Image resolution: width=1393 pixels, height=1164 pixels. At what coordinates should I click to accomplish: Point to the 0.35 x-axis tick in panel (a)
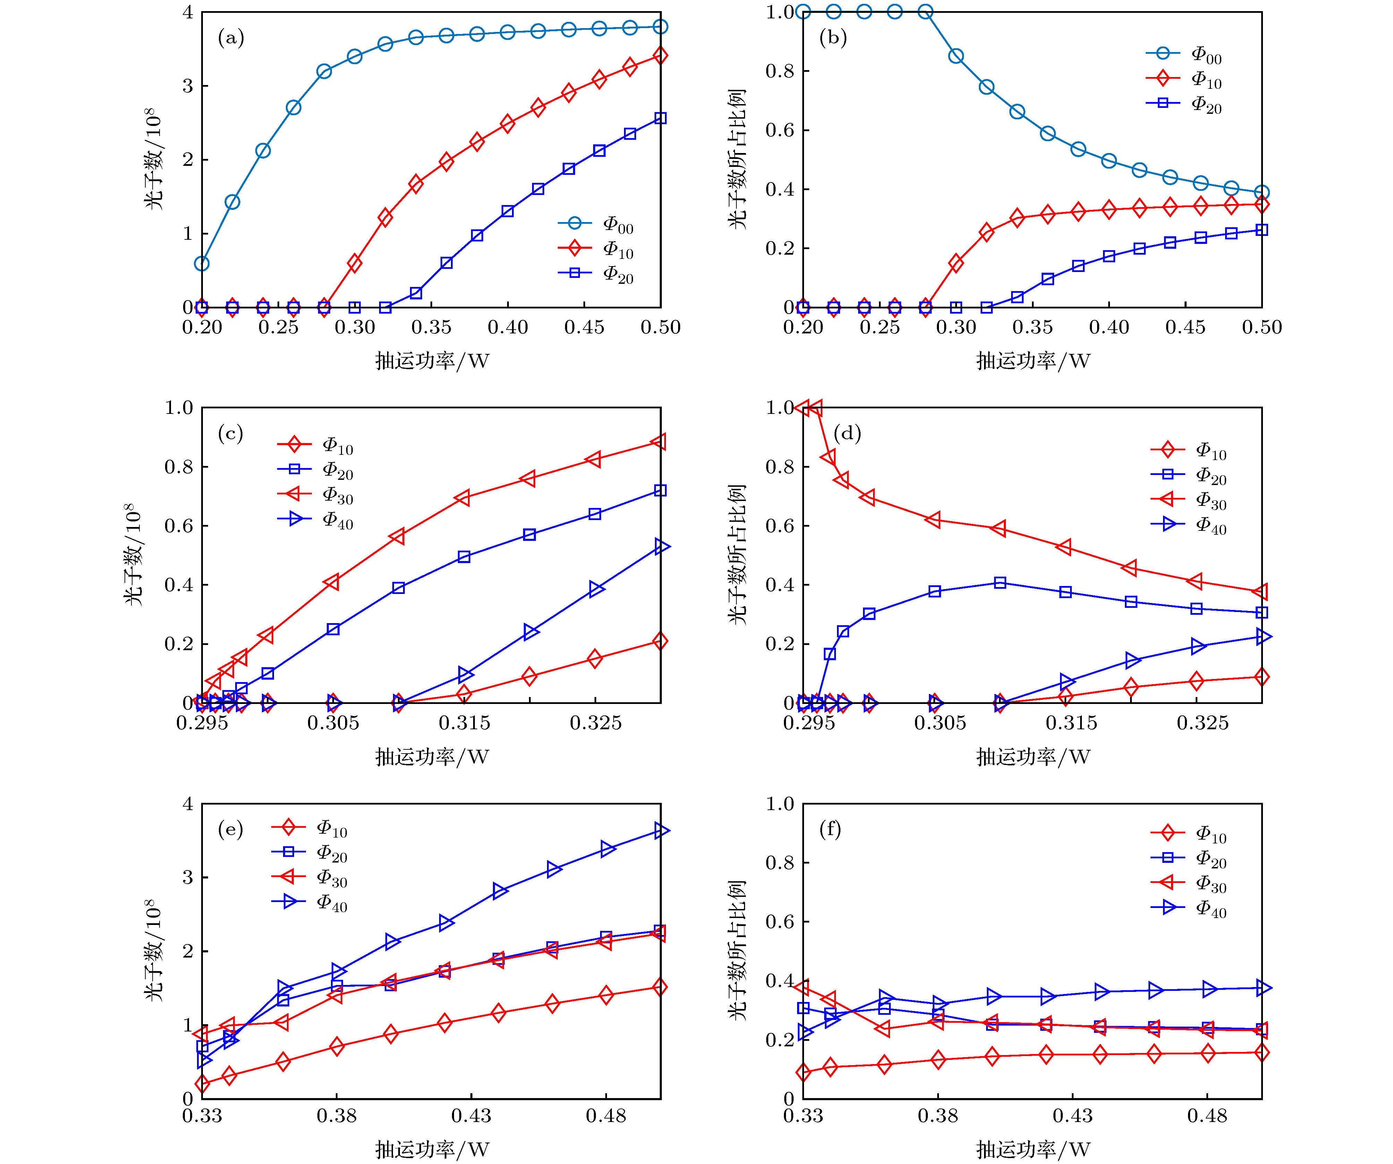pos(431,327)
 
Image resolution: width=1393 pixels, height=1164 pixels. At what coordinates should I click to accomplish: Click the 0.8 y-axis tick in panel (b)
pos(780,71)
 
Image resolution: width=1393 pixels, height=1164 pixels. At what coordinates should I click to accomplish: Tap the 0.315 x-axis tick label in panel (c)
pos(464,723)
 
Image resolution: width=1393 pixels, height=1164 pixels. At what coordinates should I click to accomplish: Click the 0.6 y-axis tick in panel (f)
pos(780,922)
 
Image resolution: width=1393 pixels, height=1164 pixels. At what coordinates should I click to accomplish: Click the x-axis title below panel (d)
pos(1033,757)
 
